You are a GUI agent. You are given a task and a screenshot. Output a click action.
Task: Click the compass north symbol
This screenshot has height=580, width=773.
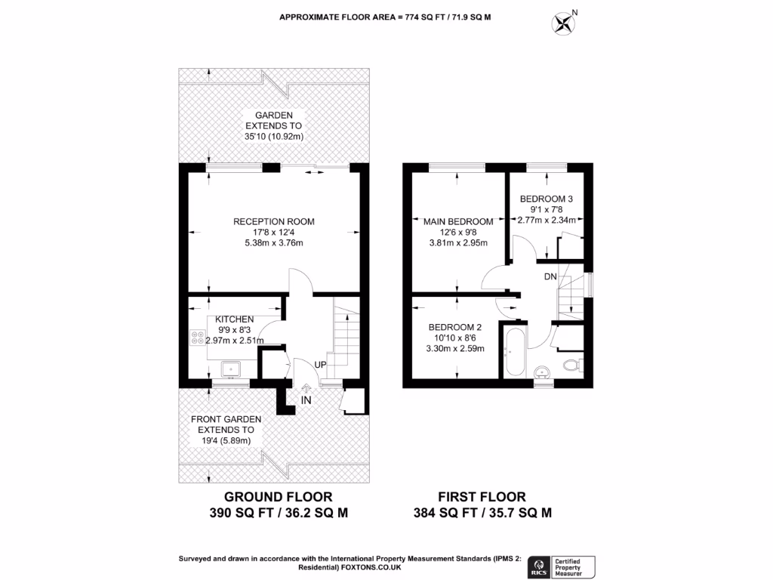[563, 23]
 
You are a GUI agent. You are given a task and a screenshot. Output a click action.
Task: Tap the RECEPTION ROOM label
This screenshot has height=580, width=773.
[273, 222]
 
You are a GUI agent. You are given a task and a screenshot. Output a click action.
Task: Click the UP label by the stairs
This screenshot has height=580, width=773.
[321, 365]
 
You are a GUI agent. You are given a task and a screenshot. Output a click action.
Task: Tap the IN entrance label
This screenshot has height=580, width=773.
[306, 399]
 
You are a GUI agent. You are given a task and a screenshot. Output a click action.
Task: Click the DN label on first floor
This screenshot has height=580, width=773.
[551, 277]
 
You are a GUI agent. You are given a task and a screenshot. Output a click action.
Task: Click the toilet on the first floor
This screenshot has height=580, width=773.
[571, 367]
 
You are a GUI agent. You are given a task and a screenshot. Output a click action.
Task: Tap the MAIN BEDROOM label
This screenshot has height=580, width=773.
[457, 221]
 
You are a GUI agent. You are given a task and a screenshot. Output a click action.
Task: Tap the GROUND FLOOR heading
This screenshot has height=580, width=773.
[279, 497]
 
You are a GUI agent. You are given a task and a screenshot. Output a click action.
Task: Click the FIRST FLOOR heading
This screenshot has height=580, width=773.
[482, 497]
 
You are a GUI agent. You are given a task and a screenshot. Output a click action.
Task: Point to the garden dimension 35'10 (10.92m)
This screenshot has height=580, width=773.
[273, 137]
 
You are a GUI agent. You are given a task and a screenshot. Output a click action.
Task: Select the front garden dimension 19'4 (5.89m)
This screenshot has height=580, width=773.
[226, 440]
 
